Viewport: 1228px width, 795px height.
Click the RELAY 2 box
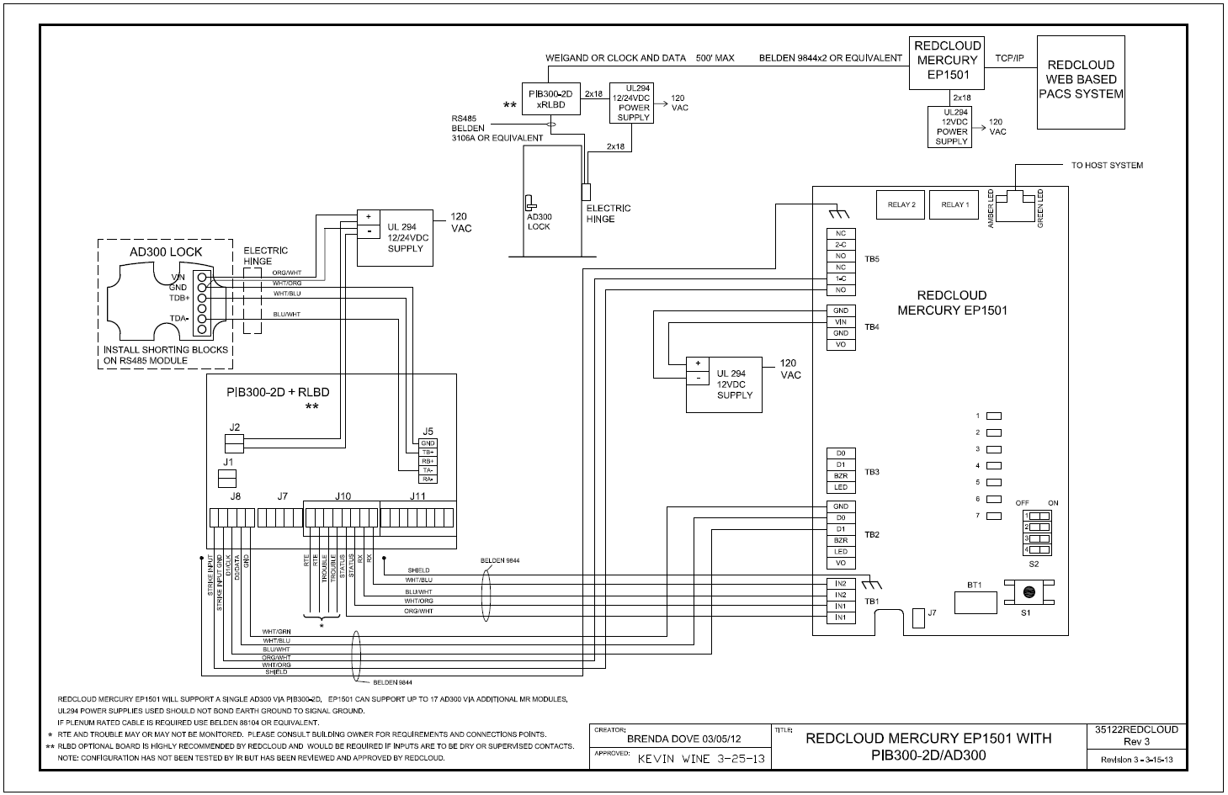901,205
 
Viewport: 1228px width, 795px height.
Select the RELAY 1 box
954,205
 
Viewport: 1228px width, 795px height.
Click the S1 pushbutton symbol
1028,592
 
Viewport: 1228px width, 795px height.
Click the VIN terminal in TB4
840,322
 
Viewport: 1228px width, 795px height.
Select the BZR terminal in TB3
840,476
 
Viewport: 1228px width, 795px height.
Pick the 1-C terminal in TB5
840,278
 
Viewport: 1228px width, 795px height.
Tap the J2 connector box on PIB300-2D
234,443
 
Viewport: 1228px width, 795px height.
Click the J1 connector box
227,479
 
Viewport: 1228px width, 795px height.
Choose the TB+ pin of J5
428,453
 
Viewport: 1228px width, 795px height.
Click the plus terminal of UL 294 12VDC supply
698,363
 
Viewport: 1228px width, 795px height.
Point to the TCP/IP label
1009,58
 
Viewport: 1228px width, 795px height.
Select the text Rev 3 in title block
1136,742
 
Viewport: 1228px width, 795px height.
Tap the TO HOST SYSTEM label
1107,166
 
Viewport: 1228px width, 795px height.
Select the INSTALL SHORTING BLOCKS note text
166,355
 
